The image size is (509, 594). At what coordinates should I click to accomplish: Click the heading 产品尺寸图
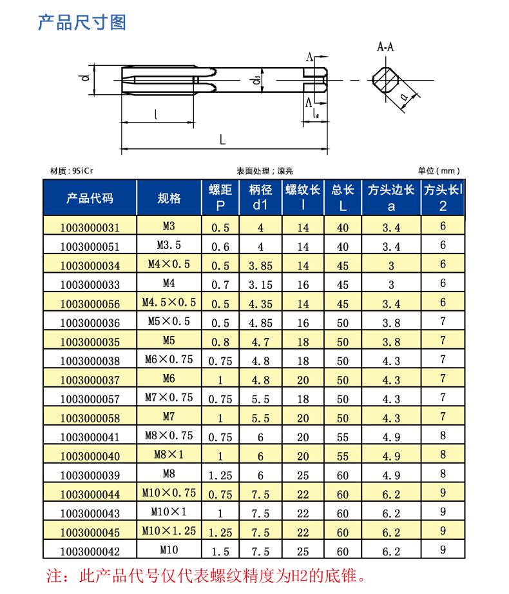(82, 23)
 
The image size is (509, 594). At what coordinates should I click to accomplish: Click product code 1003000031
(90, 227)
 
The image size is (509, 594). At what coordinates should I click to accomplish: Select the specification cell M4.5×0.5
(169, 302)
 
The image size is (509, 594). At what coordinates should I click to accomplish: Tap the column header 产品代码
(90, 198)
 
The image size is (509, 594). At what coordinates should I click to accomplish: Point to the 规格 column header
(169, 198)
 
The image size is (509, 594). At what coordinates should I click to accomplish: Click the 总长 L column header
(343, 198)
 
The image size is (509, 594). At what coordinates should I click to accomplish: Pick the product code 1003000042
(90, 551)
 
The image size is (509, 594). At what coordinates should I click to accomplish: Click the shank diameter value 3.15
(260, 284)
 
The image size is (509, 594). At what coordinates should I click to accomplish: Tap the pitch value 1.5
(220, 551)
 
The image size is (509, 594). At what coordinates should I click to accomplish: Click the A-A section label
(385, 47)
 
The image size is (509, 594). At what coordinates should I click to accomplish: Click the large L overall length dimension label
(222, 139)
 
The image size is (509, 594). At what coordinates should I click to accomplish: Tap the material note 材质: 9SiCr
(72, 171)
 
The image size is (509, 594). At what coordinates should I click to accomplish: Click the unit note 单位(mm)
(439, 171)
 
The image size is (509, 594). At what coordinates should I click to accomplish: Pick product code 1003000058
(90, 417)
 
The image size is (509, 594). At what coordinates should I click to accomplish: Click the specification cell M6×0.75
(169, 360)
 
